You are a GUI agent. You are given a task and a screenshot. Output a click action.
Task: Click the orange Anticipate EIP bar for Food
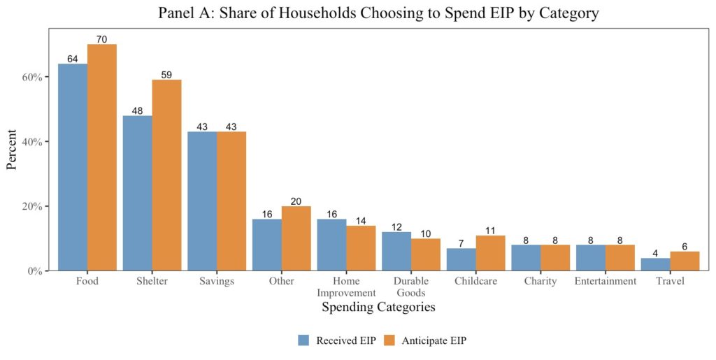pyautogui.click(x=102, y=157)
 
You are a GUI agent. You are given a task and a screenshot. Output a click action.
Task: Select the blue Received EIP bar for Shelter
pyautogui.click(x=138, y=193)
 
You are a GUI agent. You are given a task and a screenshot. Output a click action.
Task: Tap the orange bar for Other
pyautogui.click(x=296, y=238)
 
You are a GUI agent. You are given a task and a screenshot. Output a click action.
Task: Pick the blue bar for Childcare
pyautogui.click(x=461, y=259)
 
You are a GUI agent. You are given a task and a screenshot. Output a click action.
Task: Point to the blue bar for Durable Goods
pyautogui.click(x=396, y=251)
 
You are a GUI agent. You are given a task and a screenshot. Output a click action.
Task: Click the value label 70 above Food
pyautogui.click(x=102, y=40)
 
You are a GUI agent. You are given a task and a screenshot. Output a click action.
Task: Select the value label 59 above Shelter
pyautogui.click(x=166, y=75)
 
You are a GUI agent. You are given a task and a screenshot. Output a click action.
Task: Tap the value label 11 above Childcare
pyautogui.click(x=490, y=231)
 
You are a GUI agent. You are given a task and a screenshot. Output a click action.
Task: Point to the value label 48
pyautogui.click(x=138, y=111)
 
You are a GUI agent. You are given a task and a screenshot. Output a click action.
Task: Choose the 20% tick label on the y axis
pyautogui.click(x=32, y=206)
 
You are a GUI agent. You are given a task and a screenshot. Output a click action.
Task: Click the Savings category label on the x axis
pyautogui.click(x=217, y=281)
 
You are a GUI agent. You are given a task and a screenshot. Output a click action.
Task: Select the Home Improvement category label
pyautogui.click(x=347, y=287)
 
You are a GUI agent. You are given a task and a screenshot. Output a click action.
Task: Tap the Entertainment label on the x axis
pyautogui.click(x=606, y=281)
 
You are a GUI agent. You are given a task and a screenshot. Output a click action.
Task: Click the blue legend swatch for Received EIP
pyautogui.click(x=304, y=340)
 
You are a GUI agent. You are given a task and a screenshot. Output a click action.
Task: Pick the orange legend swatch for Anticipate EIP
pyautogui.click(x=389, y=340)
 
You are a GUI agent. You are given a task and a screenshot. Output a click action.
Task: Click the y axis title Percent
pyautogui.click(x=12, y=150)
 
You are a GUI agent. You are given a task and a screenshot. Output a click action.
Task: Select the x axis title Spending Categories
pyautogui.click(x=378, y=307)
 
